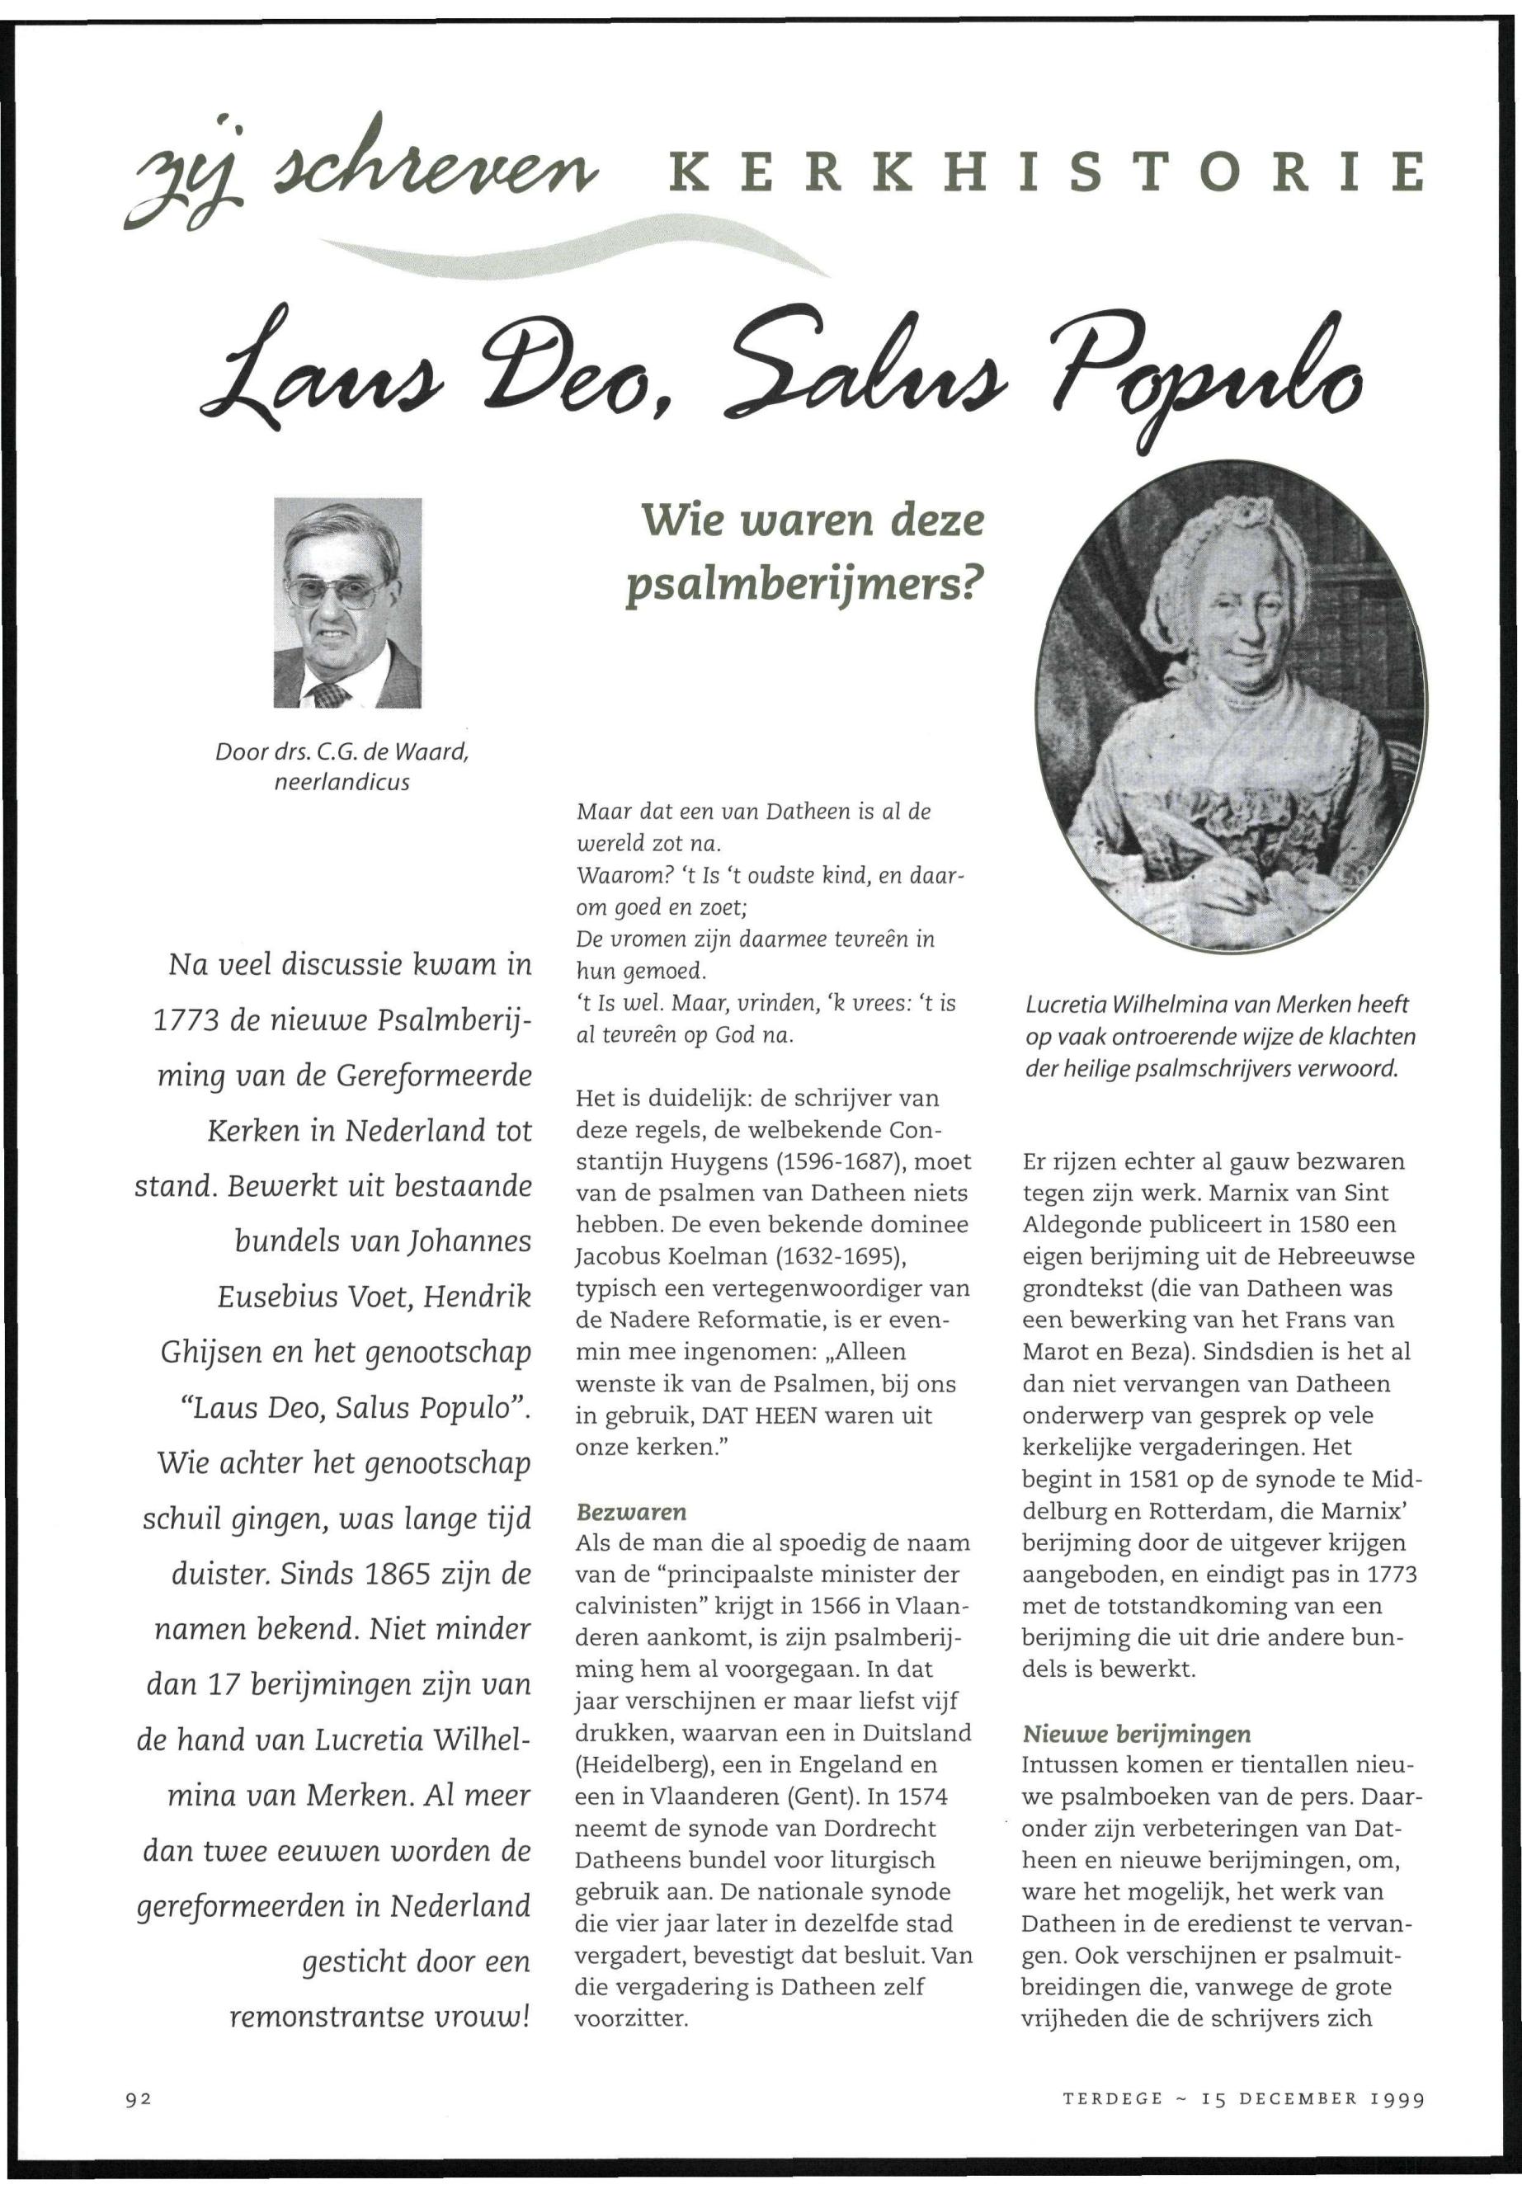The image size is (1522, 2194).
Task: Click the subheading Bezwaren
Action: (x=631, y=1511)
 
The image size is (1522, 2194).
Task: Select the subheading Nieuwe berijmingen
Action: (x=1136, y=1734)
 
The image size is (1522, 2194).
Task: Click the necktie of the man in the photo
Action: (x=329, y=694)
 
